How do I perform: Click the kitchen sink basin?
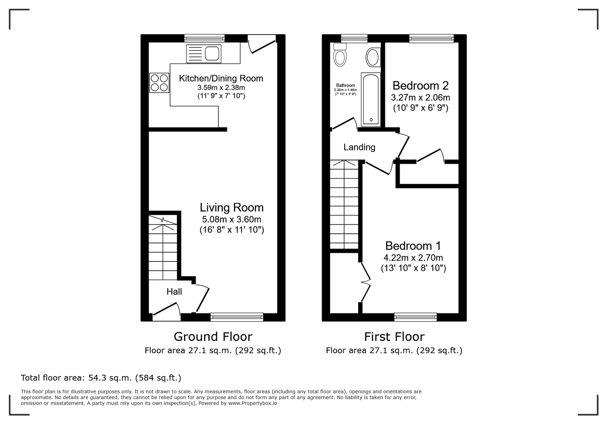[212, 53]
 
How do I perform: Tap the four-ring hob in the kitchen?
[159, 83]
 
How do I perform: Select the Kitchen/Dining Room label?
[221, 78]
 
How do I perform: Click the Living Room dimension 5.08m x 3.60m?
[232, 219]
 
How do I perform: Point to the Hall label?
[174, 292]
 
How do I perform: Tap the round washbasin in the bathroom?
[373, 57]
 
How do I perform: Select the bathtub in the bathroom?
[371, 100]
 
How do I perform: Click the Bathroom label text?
[346, 86]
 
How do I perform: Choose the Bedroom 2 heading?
[421, 86]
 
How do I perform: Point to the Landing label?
[359, 147]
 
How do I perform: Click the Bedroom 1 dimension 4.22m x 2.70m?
[413, 258]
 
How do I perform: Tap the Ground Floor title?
[213, 337]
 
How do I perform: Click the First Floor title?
[394, 337]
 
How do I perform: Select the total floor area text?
[101, 378]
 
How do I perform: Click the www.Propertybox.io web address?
[253, 403]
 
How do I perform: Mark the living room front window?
[237, 317]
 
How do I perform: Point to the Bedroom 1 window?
[415, 317]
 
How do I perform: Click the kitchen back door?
[262, 44]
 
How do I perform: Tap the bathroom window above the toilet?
[354, 38]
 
